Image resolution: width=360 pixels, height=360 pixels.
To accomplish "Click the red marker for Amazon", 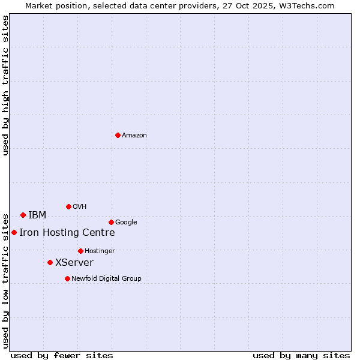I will tap(118, 135).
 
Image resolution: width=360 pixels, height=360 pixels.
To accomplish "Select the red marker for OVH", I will tap(68, 206).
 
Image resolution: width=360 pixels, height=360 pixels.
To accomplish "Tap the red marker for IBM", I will tap(23, 215).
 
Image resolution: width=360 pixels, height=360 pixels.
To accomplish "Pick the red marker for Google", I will tap(111, 222).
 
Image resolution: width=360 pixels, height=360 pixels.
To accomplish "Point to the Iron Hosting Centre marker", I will tap(14, 232).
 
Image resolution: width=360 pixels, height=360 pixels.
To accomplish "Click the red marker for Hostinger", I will tap(80, 251).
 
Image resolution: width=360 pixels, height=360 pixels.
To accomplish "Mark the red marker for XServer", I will tap(50, 262).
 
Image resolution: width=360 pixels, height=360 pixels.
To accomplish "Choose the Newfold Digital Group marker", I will tap(67, 278).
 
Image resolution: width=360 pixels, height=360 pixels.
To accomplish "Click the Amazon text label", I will tap(134, 136).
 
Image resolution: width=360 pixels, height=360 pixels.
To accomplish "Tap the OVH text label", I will tap(80, 207).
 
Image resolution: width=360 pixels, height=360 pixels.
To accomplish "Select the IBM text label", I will tap(37, 215).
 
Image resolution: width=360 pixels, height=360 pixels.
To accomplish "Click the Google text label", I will tap(126, 223).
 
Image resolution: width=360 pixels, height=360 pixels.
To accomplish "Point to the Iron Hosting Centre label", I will tap(67, 233).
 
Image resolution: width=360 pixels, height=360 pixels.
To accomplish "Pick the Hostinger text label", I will tap(100, 251).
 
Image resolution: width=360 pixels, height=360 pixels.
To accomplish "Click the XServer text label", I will tap(74, 263).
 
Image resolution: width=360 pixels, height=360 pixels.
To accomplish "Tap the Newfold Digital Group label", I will tap(106, 279).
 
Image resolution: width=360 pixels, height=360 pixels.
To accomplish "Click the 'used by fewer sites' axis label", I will tap(62, 355).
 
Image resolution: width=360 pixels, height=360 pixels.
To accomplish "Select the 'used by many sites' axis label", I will tap(301, 355).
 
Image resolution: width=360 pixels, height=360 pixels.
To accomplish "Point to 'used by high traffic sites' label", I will tap(5, 86).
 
